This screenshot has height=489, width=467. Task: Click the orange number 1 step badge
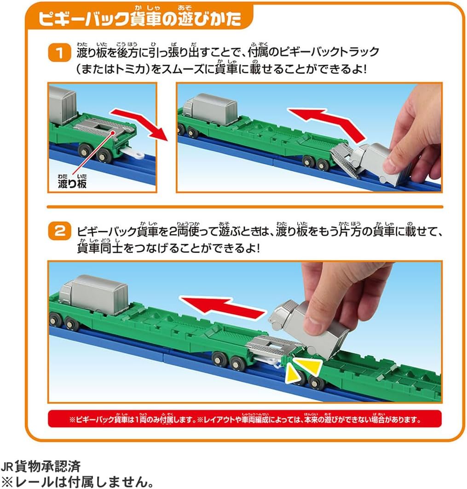click(x=58, y=52)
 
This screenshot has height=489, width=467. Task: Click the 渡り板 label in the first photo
click(x=69, y=184)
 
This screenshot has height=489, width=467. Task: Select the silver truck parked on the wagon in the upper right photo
click(x=209, y=109)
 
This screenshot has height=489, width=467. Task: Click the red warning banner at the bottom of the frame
click(x=244, y=419)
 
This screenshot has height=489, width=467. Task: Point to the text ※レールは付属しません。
click(x=76, y=482)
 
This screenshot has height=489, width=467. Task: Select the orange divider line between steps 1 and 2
click(x=244, y=207)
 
